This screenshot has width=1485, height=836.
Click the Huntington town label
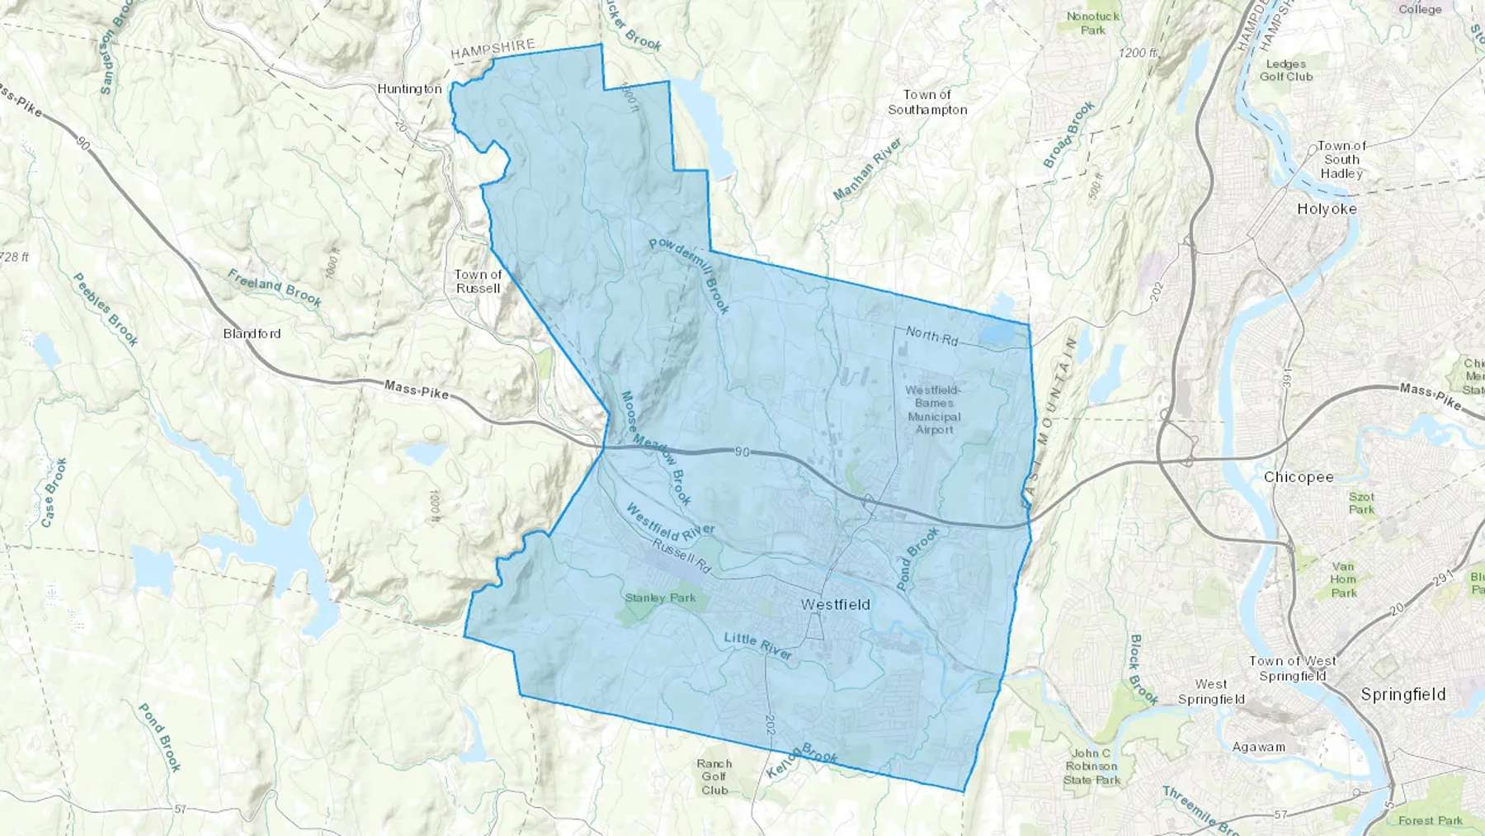coord(409,88)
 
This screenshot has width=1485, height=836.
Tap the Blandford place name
coord(252,333)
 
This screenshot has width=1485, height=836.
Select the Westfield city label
coord(835,604)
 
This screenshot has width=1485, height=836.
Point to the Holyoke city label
coord(1327,209)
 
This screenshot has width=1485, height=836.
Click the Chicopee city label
coord(1299,477)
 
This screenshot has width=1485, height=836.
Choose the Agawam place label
coord(1258,747)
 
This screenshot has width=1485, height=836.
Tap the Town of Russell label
coord(478,281)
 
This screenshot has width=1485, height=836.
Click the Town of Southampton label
coord(927,102)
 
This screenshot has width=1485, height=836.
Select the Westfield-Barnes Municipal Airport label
coord(933,409)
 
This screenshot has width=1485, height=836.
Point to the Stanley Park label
coord(660,597)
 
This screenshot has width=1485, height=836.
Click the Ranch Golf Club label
coord(714,777)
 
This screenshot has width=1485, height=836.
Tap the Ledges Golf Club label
coord(1285,70)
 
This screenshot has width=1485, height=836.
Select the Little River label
coord(757,645)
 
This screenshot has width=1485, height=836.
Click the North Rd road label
coord(931,335)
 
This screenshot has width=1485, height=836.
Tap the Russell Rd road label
coord(681,556)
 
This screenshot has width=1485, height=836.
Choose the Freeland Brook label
coord(275,288)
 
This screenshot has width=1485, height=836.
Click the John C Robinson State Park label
coord(1091,766)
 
